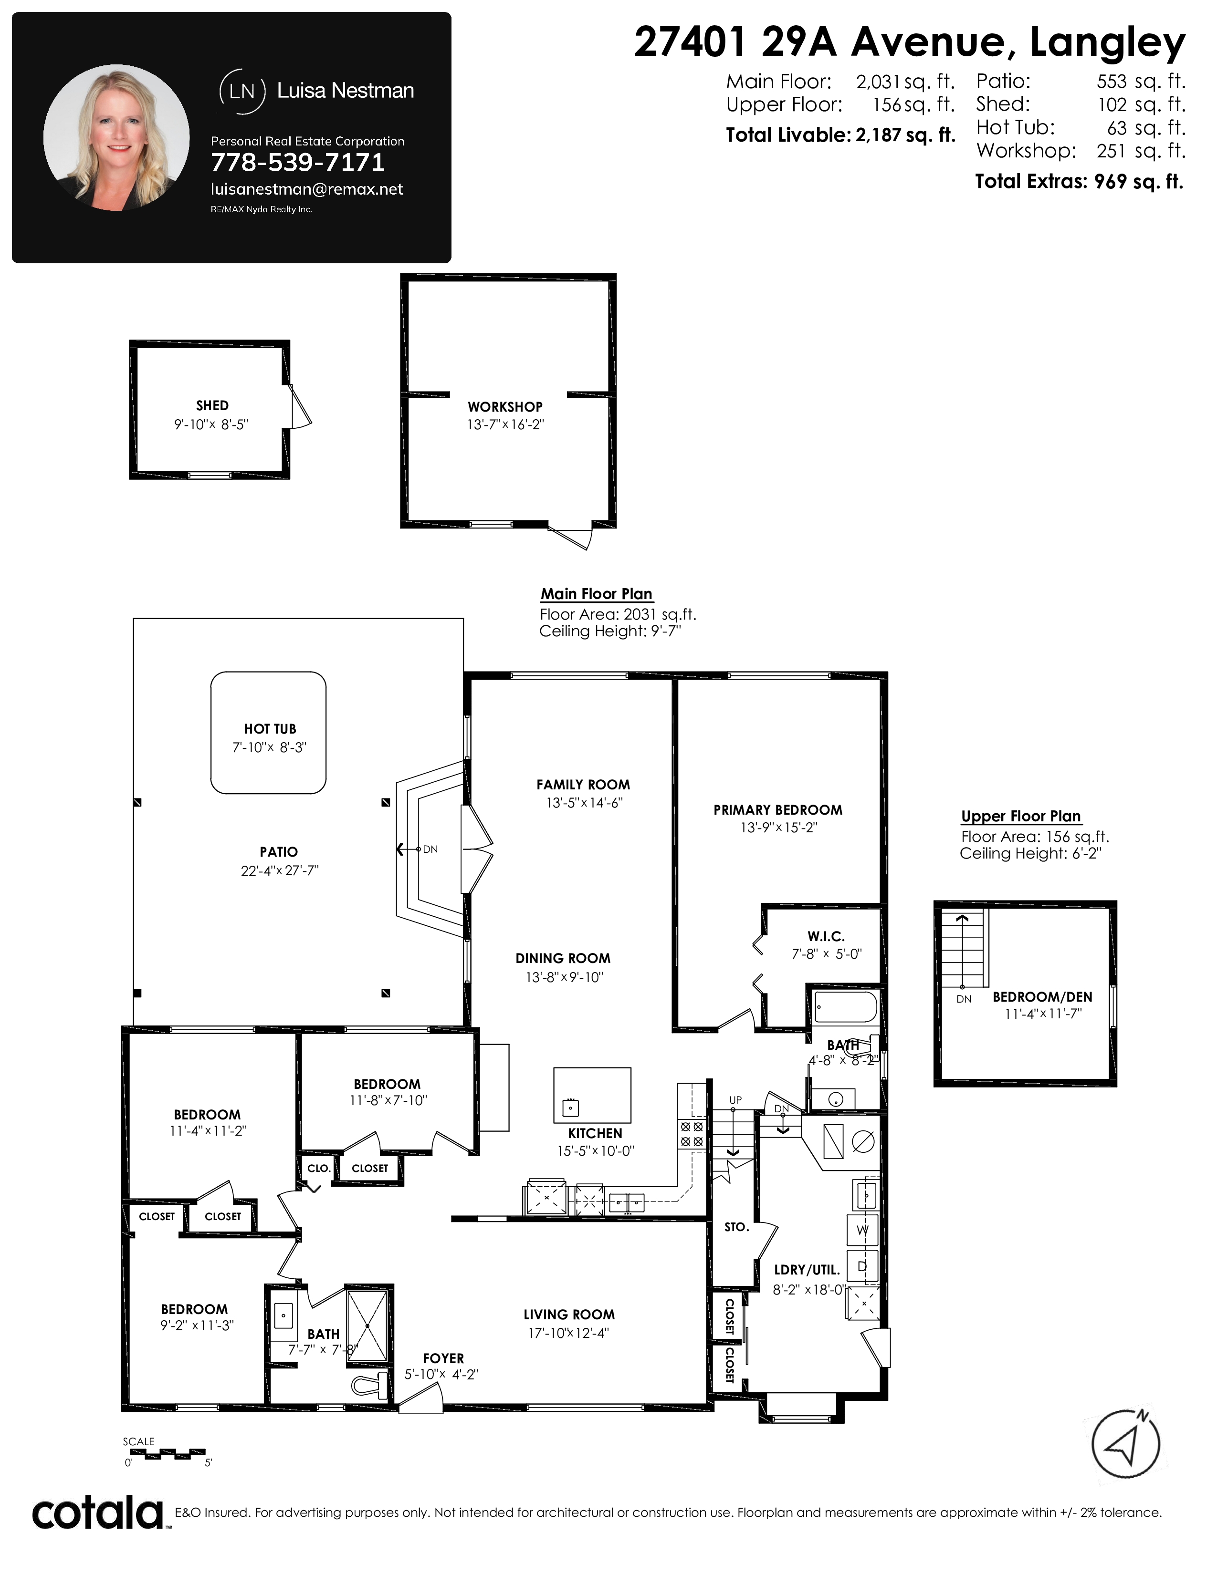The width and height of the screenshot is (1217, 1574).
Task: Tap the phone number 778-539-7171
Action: (x=298, y=163)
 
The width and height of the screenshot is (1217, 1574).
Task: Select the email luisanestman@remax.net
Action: (x=306, y=189)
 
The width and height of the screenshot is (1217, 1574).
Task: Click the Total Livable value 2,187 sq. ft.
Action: (x=905, y=135)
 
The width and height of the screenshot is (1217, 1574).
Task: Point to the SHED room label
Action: (x=212, y=406)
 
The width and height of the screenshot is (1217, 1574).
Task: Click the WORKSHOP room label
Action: (x=504, y=407)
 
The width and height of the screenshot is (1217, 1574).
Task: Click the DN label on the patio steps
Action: (x=430, y=849)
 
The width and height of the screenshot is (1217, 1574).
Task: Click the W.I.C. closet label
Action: (x=826, y=936)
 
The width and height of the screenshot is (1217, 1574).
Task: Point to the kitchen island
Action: (x=592, y=1095)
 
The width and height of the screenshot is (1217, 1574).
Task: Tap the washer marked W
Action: (x=862, y=1230)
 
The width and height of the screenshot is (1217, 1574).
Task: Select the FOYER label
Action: (x=443, y=1358)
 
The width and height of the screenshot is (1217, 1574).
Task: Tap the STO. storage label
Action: (x=736, y=1227)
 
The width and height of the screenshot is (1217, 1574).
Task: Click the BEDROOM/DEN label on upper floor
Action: (x=1042, y=997)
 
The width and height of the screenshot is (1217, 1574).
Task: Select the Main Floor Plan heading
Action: (x=596, y=594)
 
